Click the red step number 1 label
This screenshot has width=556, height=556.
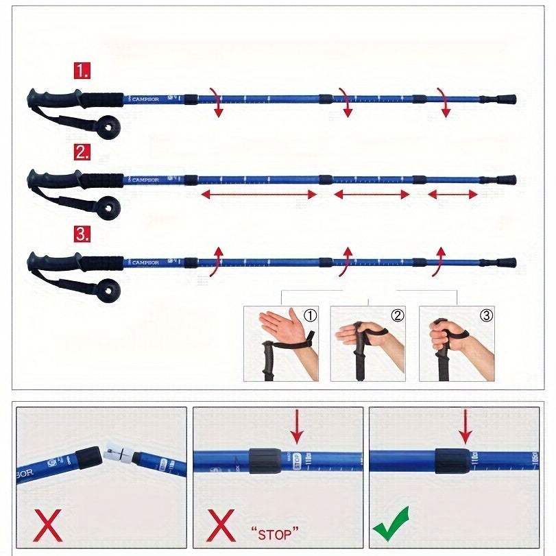pyautogui.click(x=82, y=70)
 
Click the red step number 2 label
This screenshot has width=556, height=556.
pyautogui.click(x=82, y=152)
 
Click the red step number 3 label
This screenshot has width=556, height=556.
pyautogui.click(x=82, y=234)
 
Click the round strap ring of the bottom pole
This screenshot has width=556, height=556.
pyautogui.click(x=108, y=291)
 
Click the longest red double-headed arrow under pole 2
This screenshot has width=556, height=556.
pyautogui.click(x=258, y=195)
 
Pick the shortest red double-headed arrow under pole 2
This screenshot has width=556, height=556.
pyautogui.click(x=452, y=195)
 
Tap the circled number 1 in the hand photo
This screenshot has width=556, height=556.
pyautogui.click(x=311, y=315)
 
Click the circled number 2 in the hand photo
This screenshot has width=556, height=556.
pyautogui.click(x=398, y=315)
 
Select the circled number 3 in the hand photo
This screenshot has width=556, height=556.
pyautogui.click(x=485, y=315)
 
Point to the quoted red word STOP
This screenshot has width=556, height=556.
pyautogui.click(x=276, y=531)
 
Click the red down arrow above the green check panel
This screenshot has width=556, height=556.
pyautogui.click(x=466, y=426)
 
